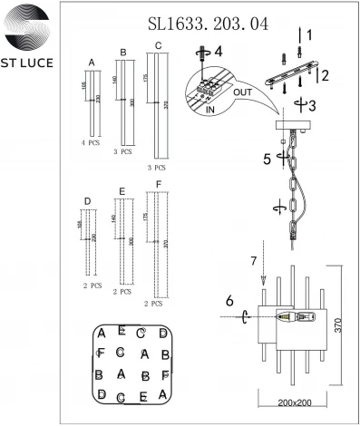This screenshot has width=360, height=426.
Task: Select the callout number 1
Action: [308, 35]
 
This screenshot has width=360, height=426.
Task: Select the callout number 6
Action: [230, 299]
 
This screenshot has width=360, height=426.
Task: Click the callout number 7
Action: [255, 263]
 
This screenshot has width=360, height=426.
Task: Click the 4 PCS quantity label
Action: [90, 144]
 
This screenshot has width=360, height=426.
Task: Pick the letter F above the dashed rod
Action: [160, 186]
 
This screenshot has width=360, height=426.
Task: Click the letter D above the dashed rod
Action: [87, 201]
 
